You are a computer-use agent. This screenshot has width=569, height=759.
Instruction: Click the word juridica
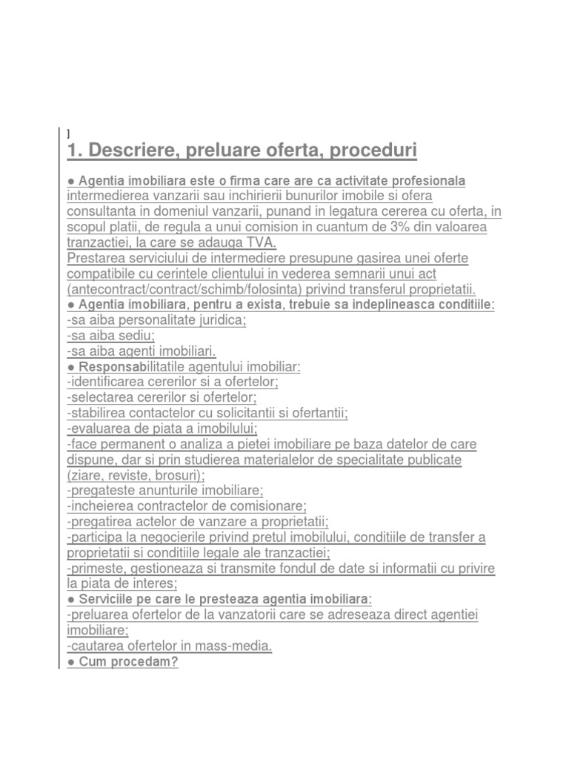point(215,320)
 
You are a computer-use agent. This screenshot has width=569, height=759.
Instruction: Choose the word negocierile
point(182,537)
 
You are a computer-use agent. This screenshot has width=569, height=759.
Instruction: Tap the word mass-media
point(236,646)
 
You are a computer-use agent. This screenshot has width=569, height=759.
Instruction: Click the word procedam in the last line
point(149,661)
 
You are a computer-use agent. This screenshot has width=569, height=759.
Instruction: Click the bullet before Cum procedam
point(70,661)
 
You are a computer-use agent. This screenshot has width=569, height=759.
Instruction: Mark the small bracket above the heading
point(68,133)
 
